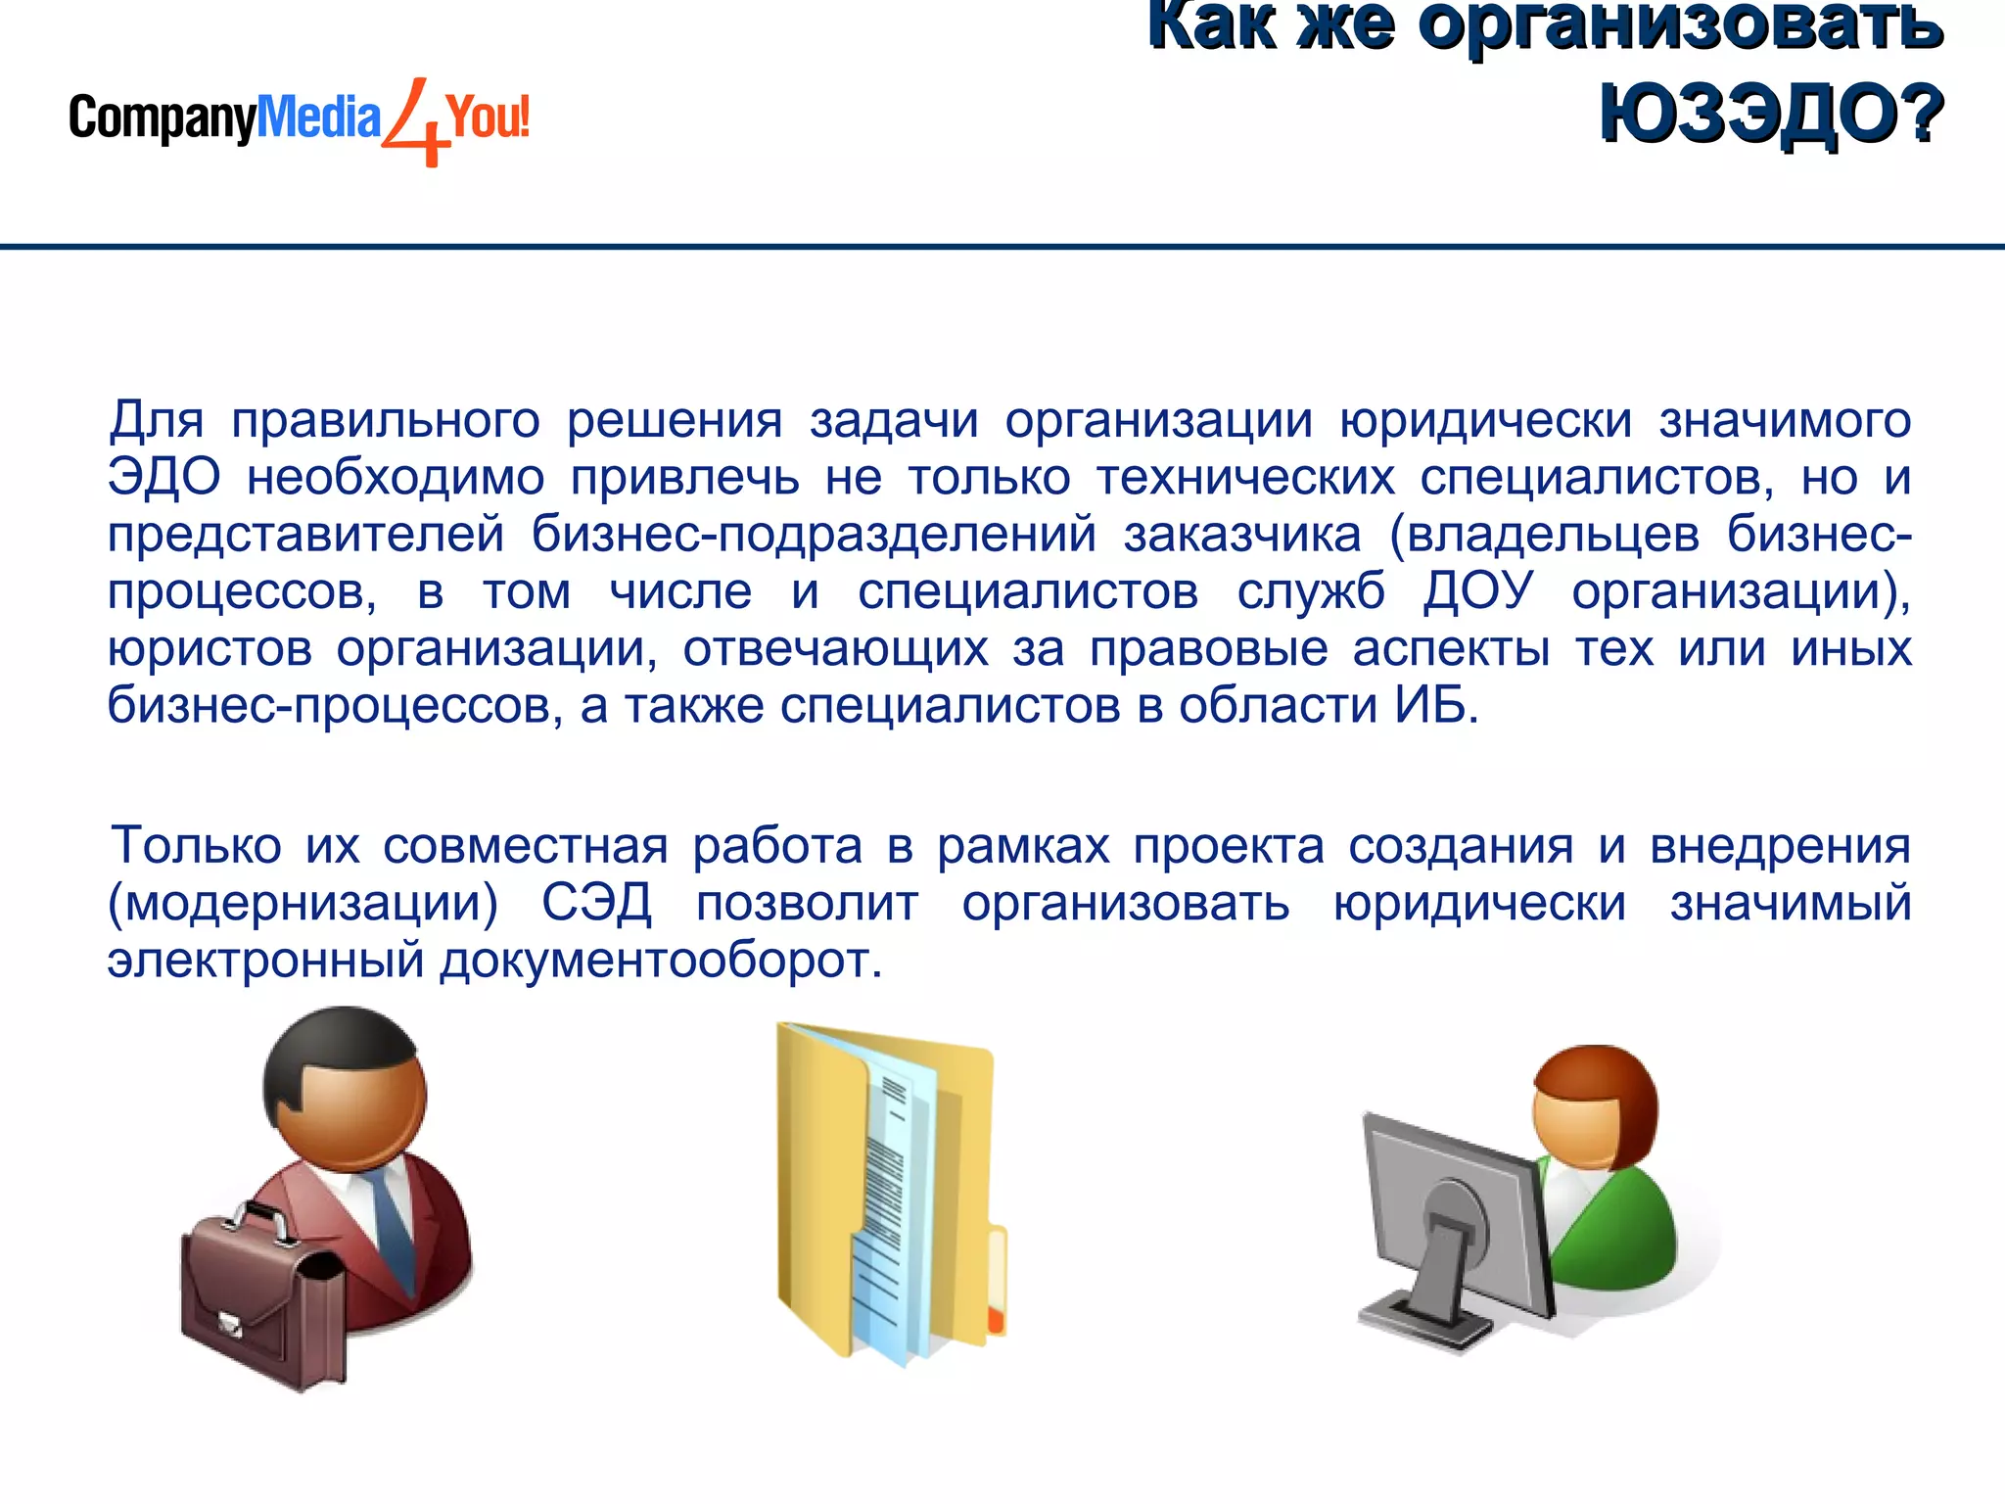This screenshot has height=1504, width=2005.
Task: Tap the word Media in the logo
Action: point(317,117)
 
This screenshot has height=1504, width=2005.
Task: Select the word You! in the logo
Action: point(488,117)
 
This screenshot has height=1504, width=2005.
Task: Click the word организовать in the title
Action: point(1680,27)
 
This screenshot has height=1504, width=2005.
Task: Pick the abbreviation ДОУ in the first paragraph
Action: point(1477,592)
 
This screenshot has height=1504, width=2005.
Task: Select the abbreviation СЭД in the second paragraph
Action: point(596,903)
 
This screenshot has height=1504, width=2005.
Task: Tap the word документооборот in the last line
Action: point(661,961)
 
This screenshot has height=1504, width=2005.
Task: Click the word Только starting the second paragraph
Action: point(196,845)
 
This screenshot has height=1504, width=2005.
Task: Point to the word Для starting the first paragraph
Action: point(157,421)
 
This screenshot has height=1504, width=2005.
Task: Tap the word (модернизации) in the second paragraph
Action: point(303,904)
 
